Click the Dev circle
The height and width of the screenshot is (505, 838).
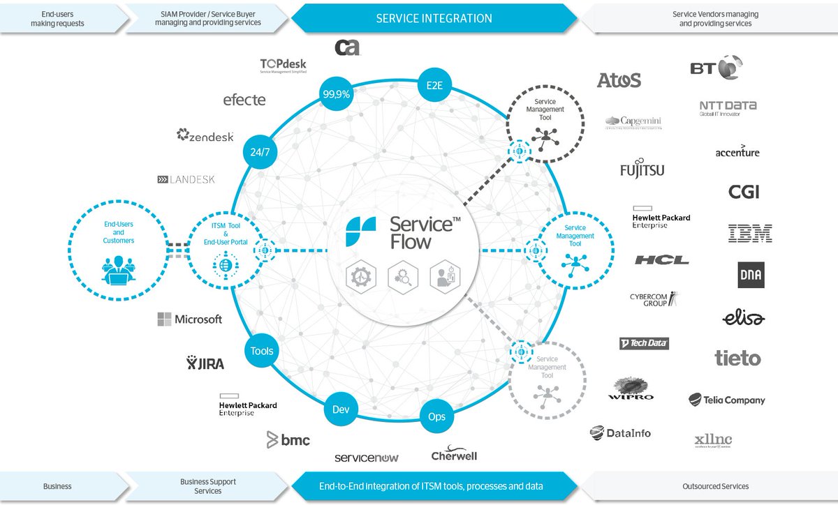pyautogui.click(x=342, y=409)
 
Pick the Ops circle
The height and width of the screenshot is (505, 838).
pyautogui.click(x=436, y=417)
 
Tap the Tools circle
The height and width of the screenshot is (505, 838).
pyautogui.click(x=262, y=351)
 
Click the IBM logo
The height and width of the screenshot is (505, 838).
pyautogui.click(x=749, y=234)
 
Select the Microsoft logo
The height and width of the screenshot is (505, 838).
pyautogui.click(x=189, y=319)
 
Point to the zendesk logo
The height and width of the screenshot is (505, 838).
pyautogui.click(x=205, y=136)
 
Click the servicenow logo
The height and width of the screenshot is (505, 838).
pyautogui.click(x=367, y=458)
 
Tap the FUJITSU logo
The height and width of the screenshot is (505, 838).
pyautogui.click(x=642, y=169)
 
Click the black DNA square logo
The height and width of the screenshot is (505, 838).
pyautogui.click(x=751, y=275)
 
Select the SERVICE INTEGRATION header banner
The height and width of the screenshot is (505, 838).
pyautogui.click(x=434, y=19)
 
